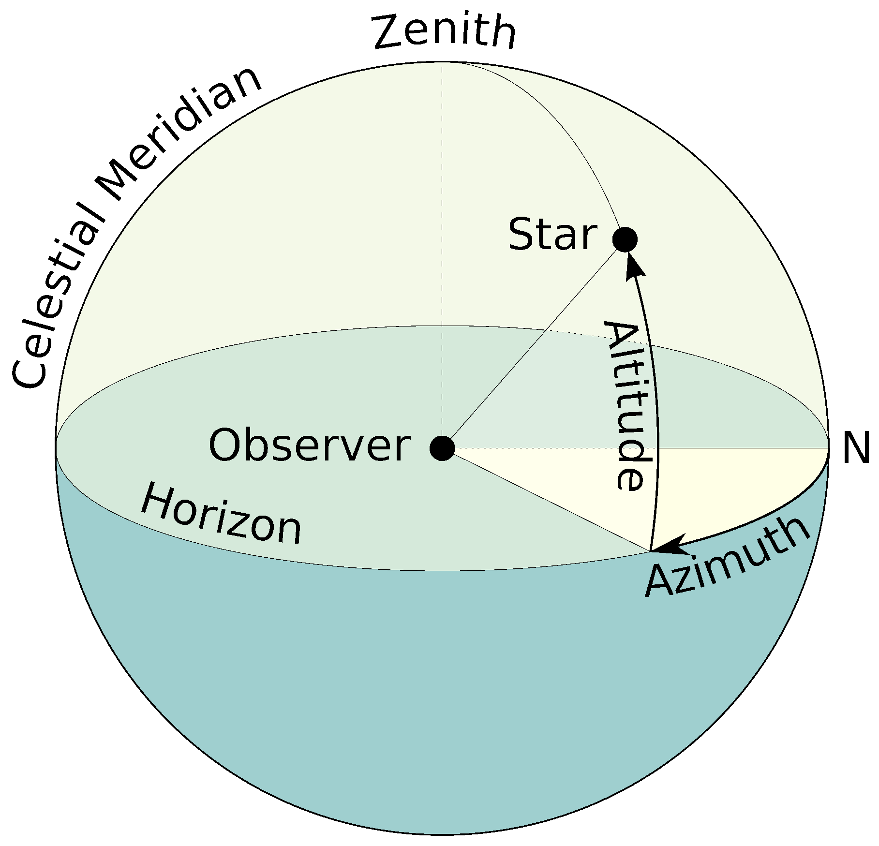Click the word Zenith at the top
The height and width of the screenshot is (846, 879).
click(x=444, y=32)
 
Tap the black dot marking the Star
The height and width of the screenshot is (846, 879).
click(x=625, y=239)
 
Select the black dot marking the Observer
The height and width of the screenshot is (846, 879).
click(x=442, y=448)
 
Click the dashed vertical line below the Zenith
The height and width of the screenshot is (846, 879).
click(x=442, y=193)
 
